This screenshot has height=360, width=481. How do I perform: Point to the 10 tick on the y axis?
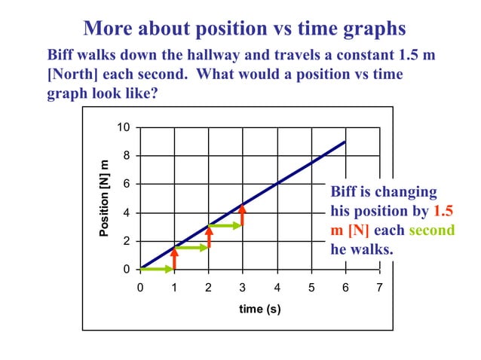tap(123, 127)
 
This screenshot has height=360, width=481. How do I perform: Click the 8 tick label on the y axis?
tap(126, 156)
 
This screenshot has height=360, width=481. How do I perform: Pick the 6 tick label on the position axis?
tap(126, 184)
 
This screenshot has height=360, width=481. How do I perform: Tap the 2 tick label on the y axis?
tap(126, 241)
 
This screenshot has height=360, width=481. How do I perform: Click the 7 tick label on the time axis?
tap(379, 288)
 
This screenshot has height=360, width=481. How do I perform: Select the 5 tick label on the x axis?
tap(311, 288)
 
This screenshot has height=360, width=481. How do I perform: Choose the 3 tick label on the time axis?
tap(243, 288)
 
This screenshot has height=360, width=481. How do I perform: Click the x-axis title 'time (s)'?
tap(259, 309)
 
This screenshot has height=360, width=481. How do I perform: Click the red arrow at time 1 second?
tap(174, 258)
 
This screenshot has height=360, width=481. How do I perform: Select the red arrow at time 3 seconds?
tap(243, 215)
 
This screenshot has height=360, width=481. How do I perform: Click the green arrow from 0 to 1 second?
tap(158, 269)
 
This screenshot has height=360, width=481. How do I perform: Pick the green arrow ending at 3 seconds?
tap(225, 225)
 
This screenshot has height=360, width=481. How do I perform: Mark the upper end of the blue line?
tap(345, 142)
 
